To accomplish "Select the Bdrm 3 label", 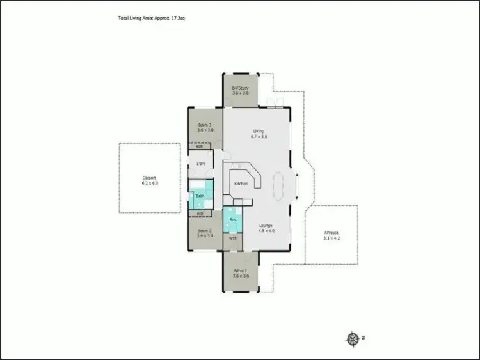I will coord(205,125).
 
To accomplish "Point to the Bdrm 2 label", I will coord(205,230).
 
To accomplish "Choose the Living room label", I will coord(258,132).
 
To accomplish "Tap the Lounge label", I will coord(266,225).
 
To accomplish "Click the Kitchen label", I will coord(241,184).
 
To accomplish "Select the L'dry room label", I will coord(201,164).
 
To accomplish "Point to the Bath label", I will coord(200,196).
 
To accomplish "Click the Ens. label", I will coord(233,220).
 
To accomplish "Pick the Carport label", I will coord(149,178).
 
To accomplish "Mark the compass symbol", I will coord(352,338).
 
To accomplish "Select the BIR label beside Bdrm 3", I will coord(200,146).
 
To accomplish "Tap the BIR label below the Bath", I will coord(200,213).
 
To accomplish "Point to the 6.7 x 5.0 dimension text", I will coord(258,137).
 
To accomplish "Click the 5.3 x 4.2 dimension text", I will coord(332,238).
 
